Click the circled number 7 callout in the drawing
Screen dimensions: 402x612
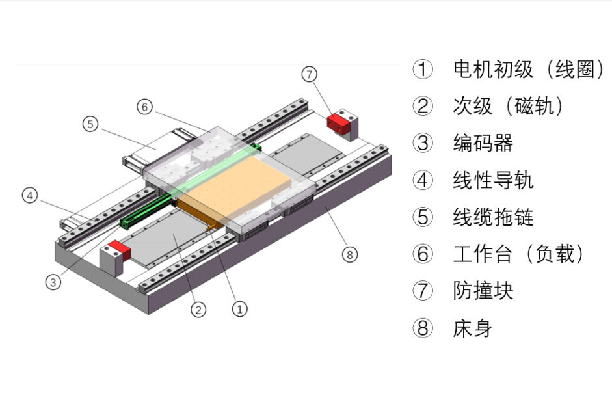pos(310,74)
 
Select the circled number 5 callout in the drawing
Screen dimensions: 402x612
pos(90,124)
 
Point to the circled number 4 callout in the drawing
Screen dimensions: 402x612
pos(29,194)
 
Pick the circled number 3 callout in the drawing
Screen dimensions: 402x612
pos(53,282)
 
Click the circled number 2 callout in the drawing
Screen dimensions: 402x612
pos(198,310)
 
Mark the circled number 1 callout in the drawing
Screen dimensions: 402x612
pos(240,308)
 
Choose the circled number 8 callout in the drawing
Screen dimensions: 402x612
pos(350,255)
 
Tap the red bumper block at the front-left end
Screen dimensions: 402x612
pos(116,249)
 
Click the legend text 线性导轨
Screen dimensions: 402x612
pos(493,180)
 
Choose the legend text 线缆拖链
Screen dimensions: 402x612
pos(493,217)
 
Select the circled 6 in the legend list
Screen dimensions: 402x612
pos(423,254)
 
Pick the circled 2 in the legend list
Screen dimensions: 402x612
pos(423,106)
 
